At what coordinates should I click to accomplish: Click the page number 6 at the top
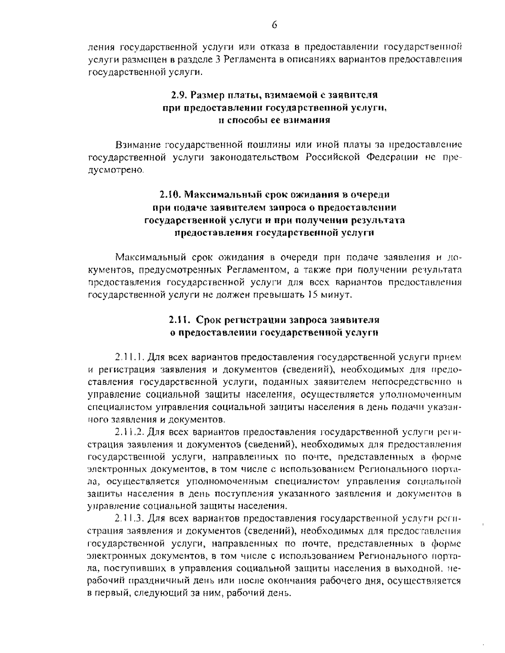point(274,24)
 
